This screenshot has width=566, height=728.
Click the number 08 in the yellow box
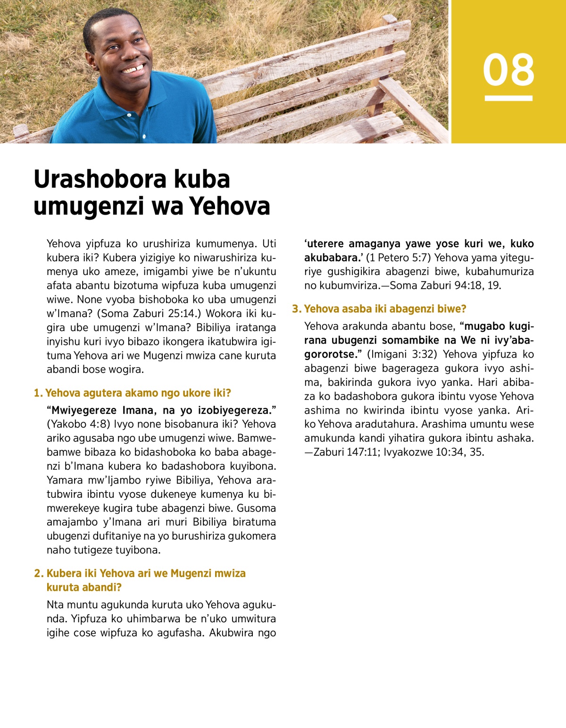pyautogui.click(x=508, y=70)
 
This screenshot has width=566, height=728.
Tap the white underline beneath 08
pyautogui.click(x=508, y=99)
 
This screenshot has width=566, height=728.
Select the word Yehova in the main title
pyautogui.click(x=230, y=206)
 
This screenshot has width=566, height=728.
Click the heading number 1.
pyautogui.click(x=38, y=393)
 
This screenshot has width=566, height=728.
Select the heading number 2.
pyautogui.click(x=38, y=573)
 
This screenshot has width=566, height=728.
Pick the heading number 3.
pyautogui.click(x=296, y=309)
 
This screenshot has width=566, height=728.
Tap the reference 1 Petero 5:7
pyautogui.click(x=398, y=258)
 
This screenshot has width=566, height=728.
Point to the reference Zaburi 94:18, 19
pyautogui.click(x=445, y=285)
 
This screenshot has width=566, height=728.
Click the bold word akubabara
pyautogui.click(x=332, y=258)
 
